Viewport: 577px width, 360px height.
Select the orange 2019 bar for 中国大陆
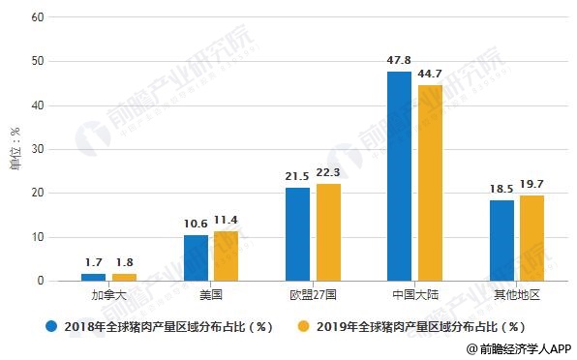coord(430,183)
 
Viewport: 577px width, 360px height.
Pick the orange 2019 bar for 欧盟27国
coord(328,232)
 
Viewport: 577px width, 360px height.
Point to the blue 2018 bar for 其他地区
coord(501,240)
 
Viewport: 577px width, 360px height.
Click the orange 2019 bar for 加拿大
coord(124,278)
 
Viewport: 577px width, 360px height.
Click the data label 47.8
coord(399,61)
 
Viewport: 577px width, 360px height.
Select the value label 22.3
coord(329,172)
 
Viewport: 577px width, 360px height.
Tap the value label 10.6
coord(196,225)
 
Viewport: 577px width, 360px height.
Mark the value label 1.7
coord(93,263)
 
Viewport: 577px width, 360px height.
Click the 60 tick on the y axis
coord(38,17)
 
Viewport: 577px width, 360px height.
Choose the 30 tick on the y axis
coord(38,149)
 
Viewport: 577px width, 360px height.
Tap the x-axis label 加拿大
coord(108,294)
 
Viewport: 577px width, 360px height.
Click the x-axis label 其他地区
coord(517,294)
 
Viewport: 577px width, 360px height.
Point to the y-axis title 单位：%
coord(15,148)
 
